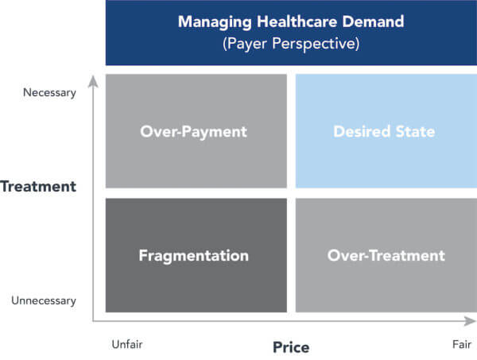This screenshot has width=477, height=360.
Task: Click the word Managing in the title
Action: pos(215,22)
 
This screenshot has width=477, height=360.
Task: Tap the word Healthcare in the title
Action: pos(297,21)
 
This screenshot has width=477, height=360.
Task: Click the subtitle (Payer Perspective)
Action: pos(291,44)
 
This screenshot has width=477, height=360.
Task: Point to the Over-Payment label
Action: pos(193,132)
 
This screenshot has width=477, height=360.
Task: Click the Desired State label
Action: pos(384,131)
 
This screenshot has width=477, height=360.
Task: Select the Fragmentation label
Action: pos(194,256)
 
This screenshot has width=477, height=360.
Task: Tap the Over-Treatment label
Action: pos(386,255)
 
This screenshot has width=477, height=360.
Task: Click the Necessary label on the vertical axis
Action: pos(49,93)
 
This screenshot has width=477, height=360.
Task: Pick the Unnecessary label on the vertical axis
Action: pos(44,300)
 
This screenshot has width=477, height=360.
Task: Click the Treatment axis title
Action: pos(38,187)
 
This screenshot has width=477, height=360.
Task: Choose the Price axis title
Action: pos(291,347)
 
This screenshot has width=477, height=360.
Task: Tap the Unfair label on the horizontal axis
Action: pos(127,344)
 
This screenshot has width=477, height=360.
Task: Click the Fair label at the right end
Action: pos(462,344)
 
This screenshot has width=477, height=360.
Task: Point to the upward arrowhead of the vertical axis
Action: pos(93,82)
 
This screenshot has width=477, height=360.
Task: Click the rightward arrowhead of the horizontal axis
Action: pos(470,321)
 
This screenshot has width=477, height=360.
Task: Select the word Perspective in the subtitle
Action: pos(316,44)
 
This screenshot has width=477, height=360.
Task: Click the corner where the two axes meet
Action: pos(93,321)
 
